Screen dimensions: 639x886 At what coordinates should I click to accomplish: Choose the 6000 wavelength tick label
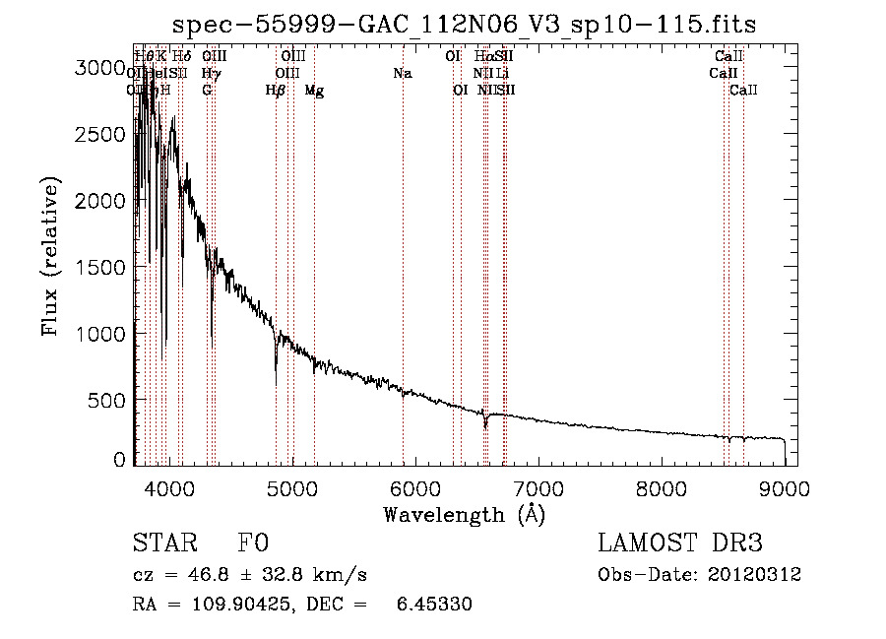(414, 488)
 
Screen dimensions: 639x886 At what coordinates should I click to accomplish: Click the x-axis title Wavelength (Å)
(464, 514)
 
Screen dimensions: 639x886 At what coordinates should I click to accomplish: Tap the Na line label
(402, 73)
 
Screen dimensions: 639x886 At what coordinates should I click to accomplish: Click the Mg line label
(314, 91)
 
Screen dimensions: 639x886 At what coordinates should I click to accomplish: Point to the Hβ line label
(276, 91)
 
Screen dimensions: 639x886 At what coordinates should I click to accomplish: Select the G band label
(207, 91)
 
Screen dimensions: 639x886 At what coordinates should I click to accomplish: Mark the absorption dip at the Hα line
(484, 423)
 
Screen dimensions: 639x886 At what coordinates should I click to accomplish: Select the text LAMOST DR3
(680, 543)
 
